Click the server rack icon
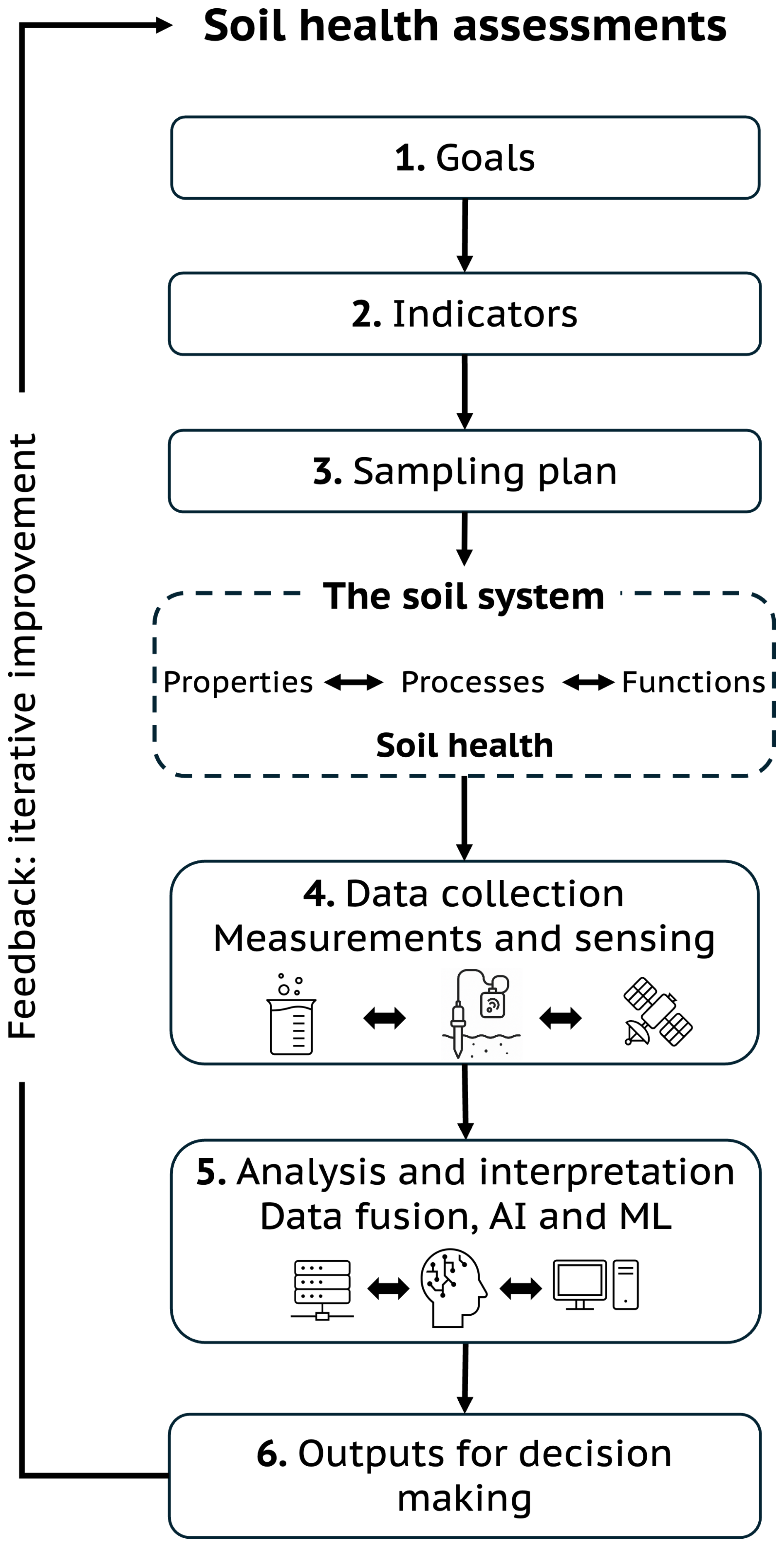click(x=322, y=1289)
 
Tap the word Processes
click(x=472, y=682)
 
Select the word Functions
click(x=693, y=682)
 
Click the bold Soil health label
click(x=464, y=745)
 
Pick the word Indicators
click(x=485, y=314)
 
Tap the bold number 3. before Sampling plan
click(x=327, y=472)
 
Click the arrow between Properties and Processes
click(x=353, y=682)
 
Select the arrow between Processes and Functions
click(x=588, y=682)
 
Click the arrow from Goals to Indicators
click(x=465, y=235)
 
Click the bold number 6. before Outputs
click(x=271, y=1455)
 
